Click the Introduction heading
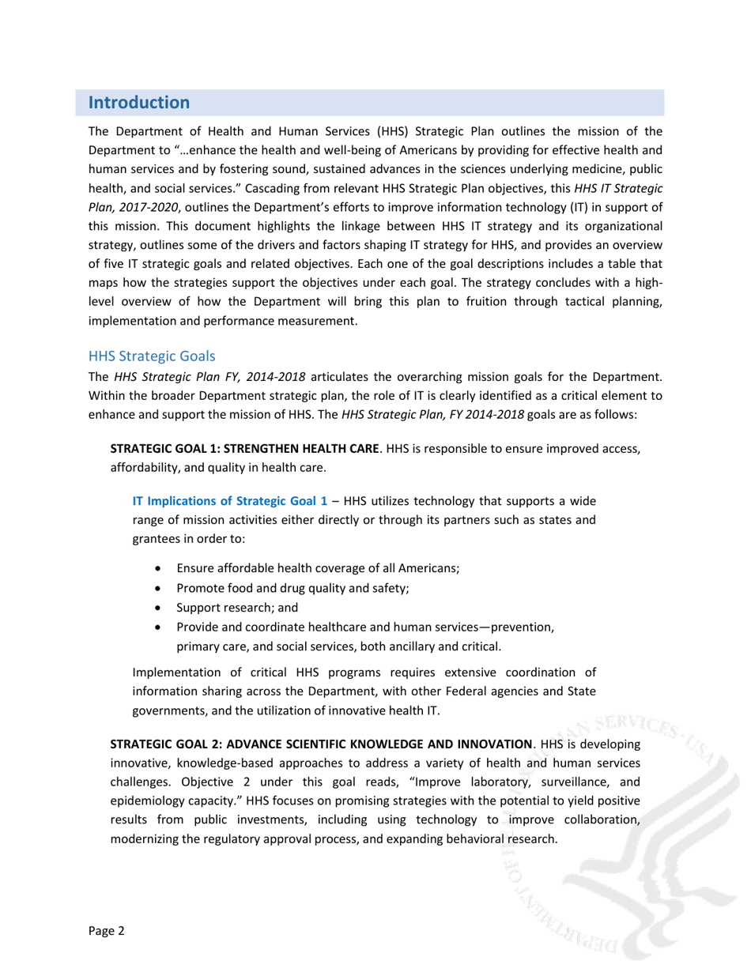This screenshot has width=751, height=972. point(139,103)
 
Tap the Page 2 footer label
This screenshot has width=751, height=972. point(107,930)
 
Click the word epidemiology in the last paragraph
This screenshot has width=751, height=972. point(145,801)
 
